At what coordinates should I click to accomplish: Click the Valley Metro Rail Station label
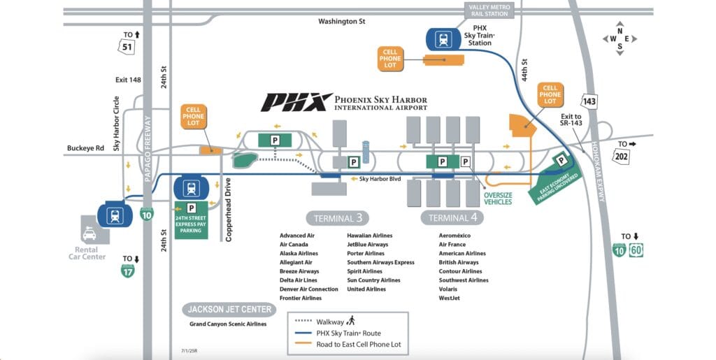489,10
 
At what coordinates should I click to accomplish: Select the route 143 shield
590,102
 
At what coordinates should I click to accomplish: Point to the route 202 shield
622,156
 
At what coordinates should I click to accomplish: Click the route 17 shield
128,270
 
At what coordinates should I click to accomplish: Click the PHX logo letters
296,103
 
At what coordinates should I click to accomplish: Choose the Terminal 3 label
337,218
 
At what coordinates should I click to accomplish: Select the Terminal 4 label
452,218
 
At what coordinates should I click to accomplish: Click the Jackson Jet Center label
229,309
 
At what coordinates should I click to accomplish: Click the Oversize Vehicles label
498,198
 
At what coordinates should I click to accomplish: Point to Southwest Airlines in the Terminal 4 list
464,280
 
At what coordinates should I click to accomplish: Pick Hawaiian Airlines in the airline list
370,236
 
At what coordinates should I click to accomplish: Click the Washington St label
341,22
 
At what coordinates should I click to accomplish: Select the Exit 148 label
128,80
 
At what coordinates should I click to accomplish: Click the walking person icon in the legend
351,321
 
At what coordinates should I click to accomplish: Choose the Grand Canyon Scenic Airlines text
228,324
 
